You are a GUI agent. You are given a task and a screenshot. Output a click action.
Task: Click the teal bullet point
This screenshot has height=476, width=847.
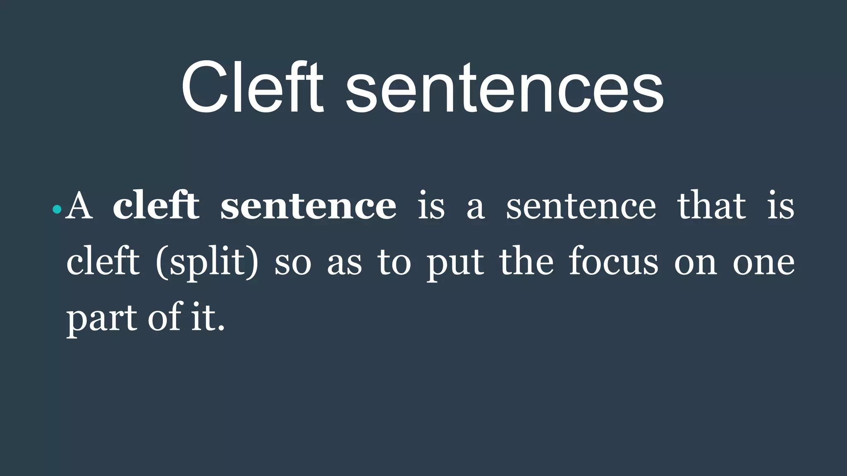(x=57, y=210)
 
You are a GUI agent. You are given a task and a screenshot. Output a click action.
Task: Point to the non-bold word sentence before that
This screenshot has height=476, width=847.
(x=581, y=207)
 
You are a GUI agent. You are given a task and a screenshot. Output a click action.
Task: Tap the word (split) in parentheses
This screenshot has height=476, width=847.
(x=207, y=263)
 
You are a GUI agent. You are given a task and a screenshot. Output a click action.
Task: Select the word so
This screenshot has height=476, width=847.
(x=293, y=264)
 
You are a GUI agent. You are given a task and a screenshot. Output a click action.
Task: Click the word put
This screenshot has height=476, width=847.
(x=455, y=264)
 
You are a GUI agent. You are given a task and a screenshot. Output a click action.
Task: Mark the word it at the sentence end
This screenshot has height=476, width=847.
(x=203, y=318)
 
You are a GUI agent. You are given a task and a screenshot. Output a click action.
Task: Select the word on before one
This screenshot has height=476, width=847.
(x=695, y=264)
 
